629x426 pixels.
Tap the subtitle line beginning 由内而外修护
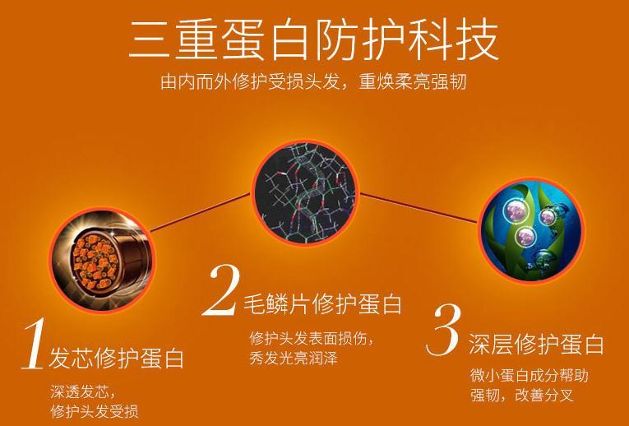pos(313,81)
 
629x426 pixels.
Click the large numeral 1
pos(33,344)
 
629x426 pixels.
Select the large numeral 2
pos(221,289)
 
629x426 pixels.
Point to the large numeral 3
pos(443,329)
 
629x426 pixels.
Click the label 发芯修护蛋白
pos(116,358)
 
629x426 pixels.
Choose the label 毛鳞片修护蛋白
pos(322,303)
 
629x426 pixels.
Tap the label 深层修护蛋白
pos(536,344)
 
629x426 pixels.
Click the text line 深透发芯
pos(82,391)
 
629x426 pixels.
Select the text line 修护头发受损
pos(95,411)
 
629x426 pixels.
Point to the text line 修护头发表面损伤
pos(311,338)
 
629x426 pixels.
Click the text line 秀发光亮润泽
pos(294,358)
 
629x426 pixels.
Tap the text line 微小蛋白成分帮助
pos(530,376)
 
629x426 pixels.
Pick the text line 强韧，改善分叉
pos(522,395)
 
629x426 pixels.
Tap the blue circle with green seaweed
pos(532,230)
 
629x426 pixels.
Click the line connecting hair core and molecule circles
pos(200,213)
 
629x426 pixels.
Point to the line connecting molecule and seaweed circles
pos(419,208)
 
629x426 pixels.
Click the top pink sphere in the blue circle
pos(513,210)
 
